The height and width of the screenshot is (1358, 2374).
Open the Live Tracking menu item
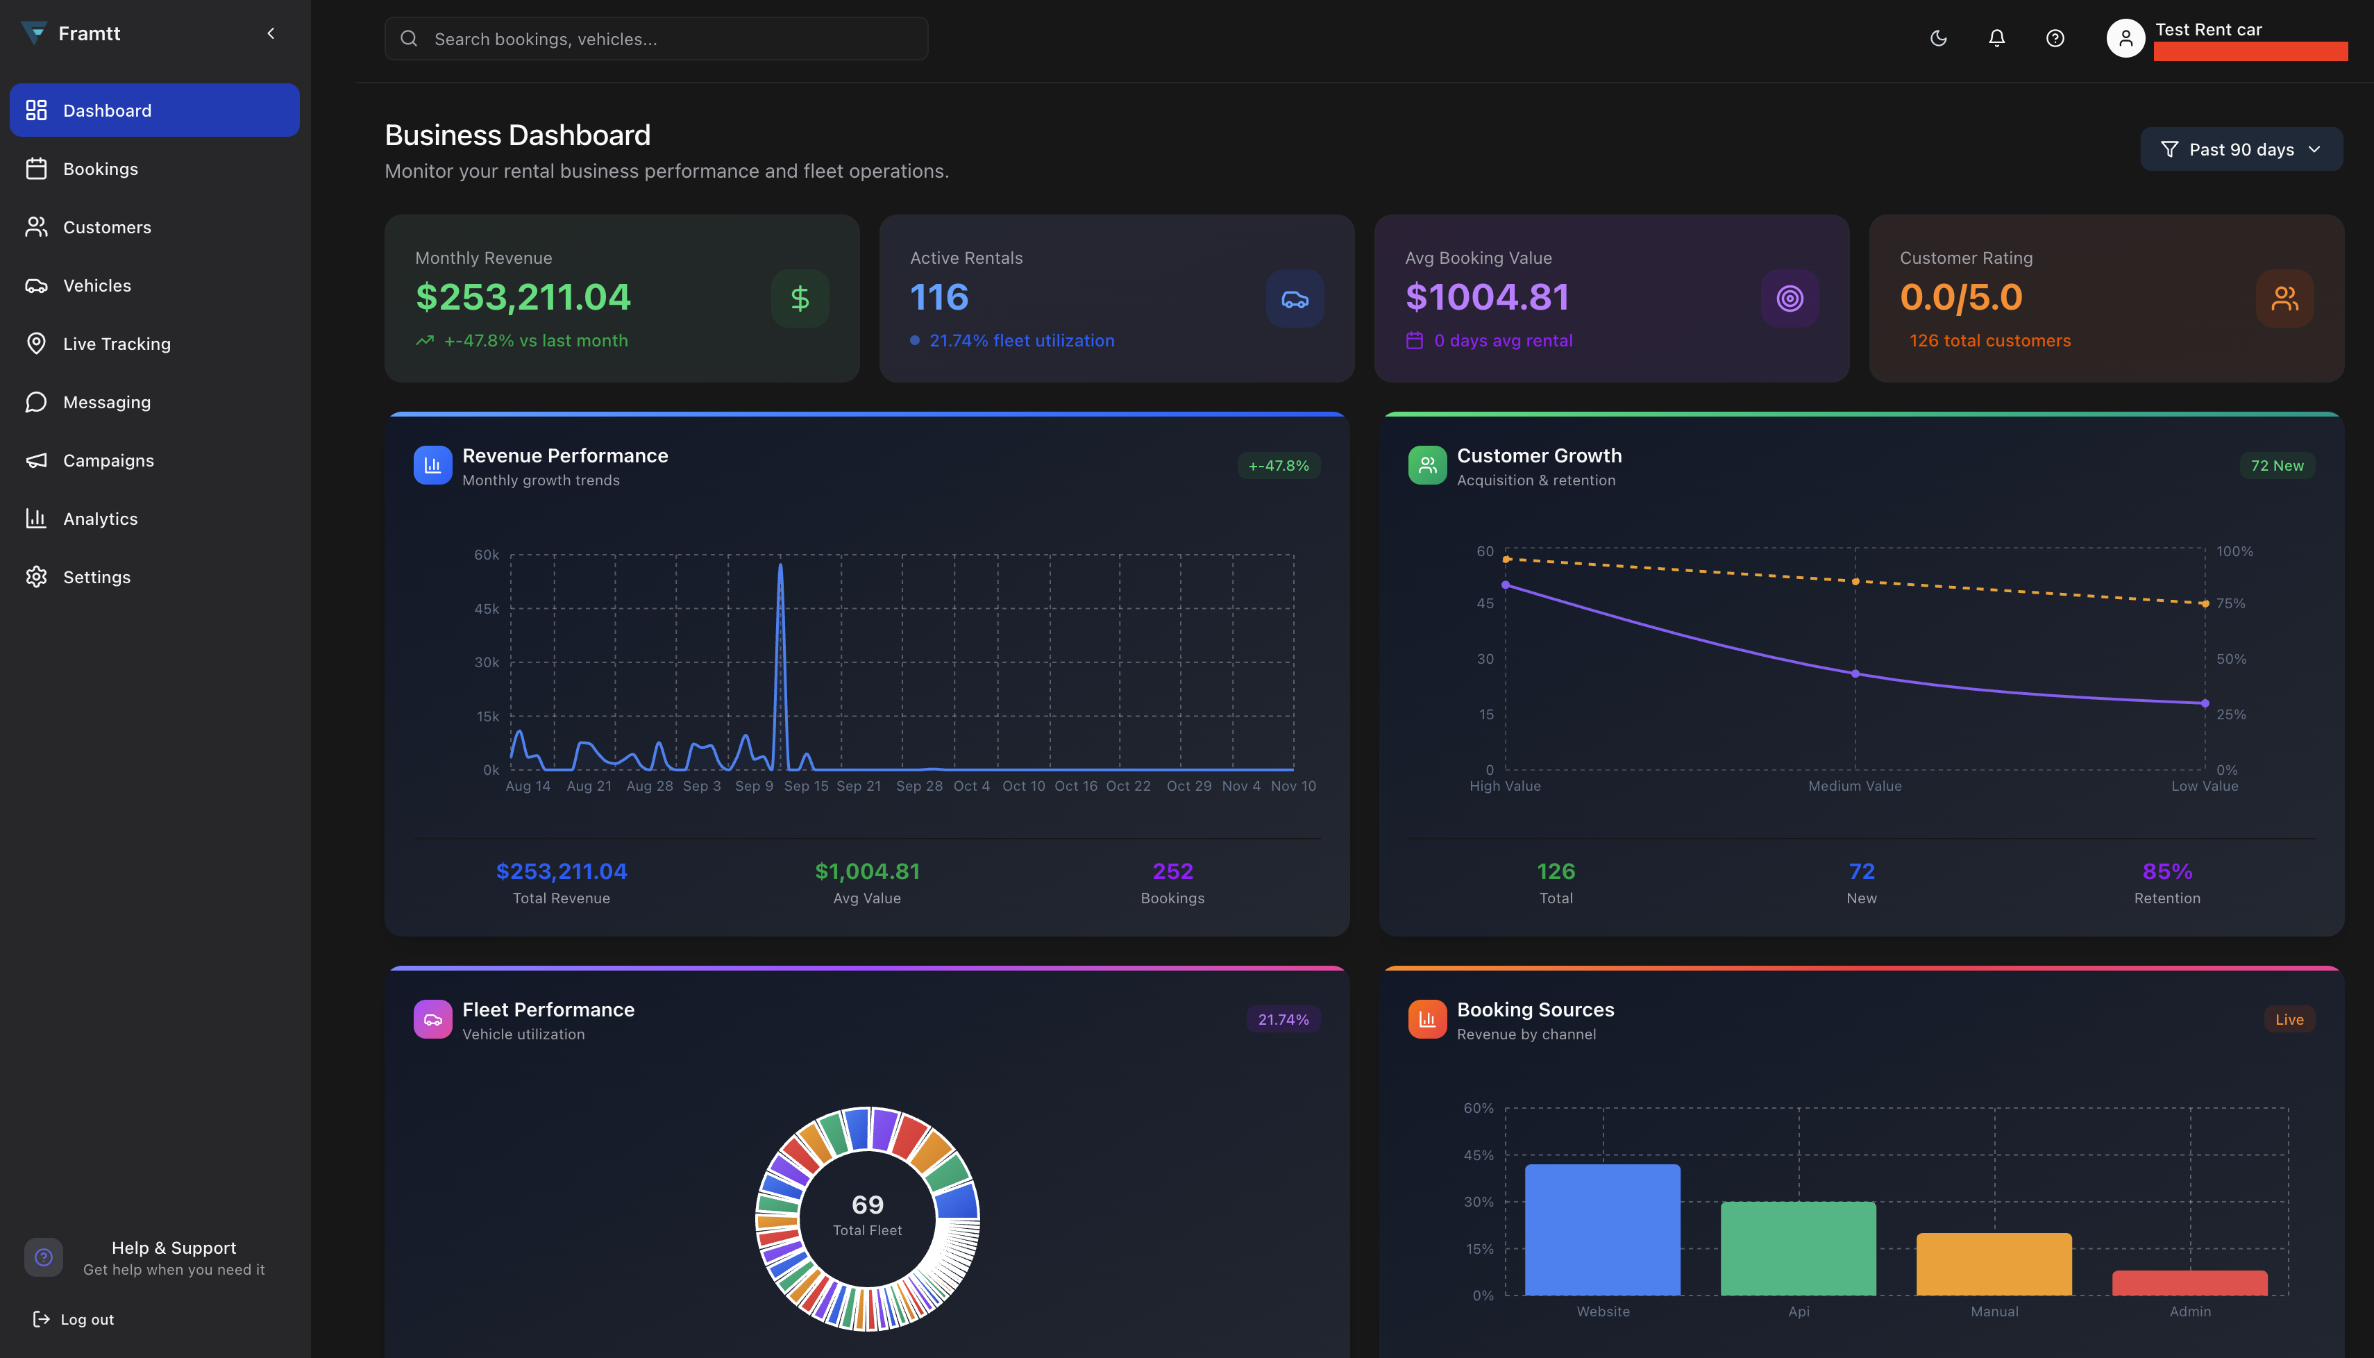pos(117,344)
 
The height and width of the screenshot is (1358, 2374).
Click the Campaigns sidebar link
pos(108,461)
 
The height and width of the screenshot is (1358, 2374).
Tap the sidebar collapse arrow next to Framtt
pos(271,33)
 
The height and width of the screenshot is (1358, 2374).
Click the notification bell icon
pos(1996,38)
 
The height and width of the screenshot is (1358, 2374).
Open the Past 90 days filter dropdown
pos(2241,149)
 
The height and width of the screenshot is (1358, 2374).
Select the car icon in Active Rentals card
pos(1294,299)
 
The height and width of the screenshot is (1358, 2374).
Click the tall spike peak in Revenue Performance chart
pos(780,566)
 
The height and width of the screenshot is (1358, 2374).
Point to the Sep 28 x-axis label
pos(918,786)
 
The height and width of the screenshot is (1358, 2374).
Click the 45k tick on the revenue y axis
pos(487,609)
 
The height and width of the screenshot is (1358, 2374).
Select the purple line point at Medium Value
pos(1855,673)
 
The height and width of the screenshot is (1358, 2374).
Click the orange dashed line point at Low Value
pos(2205,603)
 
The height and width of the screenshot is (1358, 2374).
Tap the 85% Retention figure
pos(2167,871)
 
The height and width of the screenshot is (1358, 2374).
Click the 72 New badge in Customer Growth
pos(2276,465)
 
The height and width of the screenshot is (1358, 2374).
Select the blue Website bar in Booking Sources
pos(1603,1230)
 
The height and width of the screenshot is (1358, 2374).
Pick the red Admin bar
pos(2189,1284)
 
